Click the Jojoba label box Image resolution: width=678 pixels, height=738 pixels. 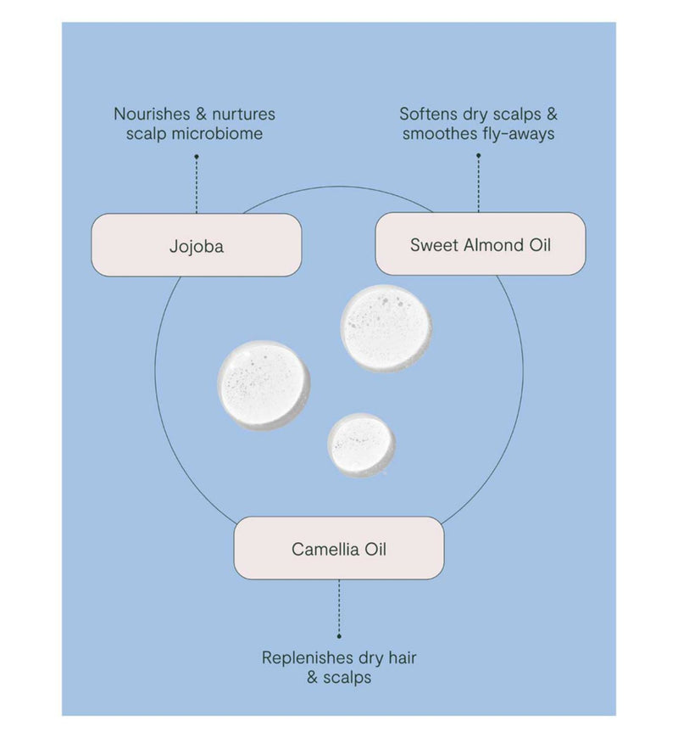pos(197,245)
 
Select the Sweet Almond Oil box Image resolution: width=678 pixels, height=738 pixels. pos(481,243)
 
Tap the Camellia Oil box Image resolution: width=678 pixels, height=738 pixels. pos(339,548)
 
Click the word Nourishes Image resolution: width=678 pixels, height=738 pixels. pos(152,114)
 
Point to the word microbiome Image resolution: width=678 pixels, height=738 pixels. pos(217,134)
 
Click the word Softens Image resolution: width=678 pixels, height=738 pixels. pos(429,114)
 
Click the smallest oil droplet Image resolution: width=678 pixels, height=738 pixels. pos(361,445)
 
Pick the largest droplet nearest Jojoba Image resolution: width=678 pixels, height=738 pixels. pos(264,385)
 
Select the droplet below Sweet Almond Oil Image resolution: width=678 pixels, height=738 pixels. pos(386,328)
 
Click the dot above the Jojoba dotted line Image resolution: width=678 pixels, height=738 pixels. pos(197,156)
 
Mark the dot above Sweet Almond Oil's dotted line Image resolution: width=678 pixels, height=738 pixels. pos(479,155)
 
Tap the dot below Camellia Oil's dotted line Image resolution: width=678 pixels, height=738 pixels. pos(339,636)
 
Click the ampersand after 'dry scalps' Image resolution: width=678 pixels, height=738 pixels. pos(552,114)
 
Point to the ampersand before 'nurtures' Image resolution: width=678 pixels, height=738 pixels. pos(201,114)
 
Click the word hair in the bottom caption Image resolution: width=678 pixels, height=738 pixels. pos(403,657)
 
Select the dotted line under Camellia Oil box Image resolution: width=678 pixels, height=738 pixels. pos(339,607)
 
